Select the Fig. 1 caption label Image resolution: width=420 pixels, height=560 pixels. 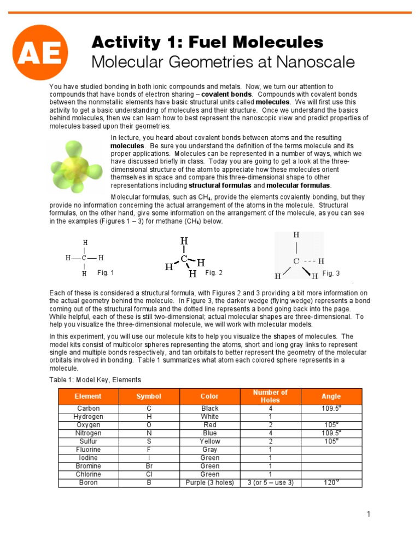(106, 272)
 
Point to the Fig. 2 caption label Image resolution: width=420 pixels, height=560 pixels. (214, 272)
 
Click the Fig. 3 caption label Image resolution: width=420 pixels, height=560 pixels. (331, 273)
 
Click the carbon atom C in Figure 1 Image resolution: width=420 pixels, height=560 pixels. (84, 258)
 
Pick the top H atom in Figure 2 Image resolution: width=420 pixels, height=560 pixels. (184, 241)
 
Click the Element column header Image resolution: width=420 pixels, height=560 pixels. (88, 396)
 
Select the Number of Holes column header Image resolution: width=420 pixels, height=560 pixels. (270, 396)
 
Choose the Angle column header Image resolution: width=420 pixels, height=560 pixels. (331, 396)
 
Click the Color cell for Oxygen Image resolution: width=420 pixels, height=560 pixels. (210, 425)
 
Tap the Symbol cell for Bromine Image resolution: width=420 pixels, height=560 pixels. (149, 466)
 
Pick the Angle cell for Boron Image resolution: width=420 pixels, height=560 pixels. (331, 483)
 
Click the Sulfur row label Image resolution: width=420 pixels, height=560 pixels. (88, 441)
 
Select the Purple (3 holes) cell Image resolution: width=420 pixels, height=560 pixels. (210, 483)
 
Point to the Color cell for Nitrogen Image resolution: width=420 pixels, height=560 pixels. (210, 433)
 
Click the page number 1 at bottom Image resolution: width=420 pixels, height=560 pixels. (369, 514)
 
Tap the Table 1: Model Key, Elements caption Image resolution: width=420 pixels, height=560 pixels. (95, 380)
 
